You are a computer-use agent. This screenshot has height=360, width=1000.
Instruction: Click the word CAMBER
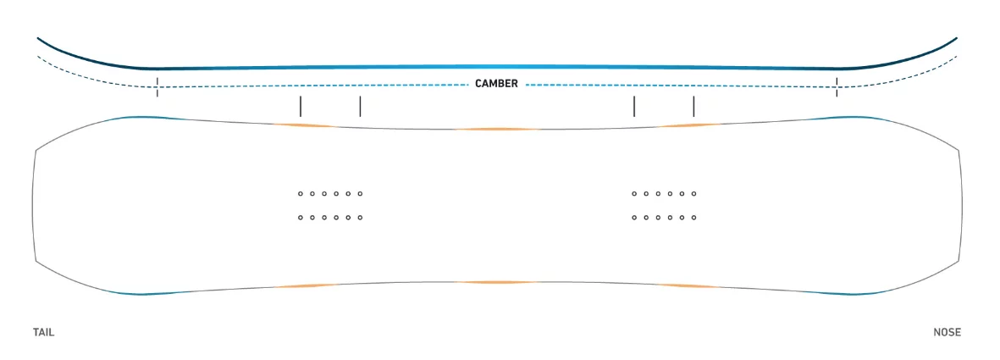tap(496, 84)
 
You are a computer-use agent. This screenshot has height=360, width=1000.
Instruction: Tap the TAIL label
tap(43, 333)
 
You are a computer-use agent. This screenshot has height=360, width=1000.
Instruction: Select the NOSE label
tap(947, 333)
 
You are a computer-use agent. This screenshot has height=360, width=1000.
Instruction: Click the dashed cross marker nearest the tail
tap(157, 86)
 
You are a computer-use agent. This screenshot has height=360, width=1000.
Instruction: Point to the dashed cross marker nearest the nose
tap(837, 86)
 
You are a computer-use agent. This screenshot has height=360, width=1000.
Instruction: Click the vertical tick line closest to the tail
tap(301, 106)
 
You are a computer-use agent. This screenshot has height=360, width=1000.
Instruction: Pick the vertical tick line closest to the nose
tap(693, 106)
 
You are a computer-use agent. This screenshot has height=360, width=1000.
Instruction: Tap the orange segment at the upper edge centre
tap(497, 129)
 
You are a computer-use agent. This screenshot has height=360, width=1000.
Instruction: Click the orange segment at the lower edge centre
tap(497, 282)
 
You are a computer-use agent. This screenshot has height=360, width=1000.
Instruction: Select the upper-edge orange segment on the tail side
tap(303, 125)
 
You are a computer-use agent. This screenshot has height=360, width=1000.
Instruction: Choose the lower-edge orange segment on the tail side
tap(303, 286)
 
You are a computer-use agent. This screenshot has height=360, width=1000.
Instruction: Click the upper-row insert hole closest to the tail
tap(301, 193)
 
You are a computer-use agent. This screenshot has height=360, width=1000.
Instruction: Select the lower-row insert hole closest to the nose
tap(693, 218)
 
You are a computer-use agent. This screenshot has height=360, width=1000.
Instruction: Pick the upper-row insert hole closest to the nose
tap(693, 193)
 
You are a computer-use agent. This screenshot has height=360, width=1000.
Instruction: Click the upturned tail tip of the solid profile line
tap(38, 38)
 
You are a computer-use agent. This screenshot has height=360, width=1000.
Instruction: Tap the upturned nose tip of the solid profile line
tap(956, 38)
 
